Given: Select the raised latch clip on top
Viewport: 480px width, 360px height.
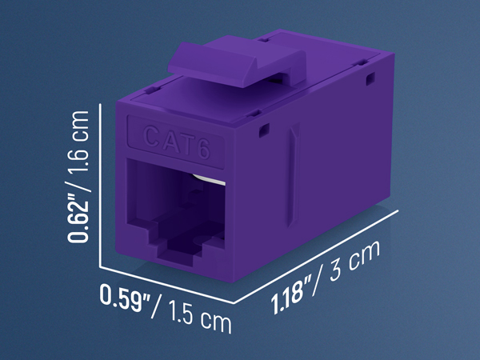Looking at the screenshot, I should click(240, 64).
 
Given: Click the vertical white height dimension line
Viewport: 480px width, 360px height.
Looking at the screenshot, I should click(99, 184).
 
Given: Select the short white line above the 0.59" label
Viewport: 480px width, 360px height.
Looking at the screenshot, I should click(168, 286).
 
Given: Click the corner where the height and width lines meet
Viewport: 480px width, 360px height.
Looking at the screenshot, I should click(99, 266).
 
